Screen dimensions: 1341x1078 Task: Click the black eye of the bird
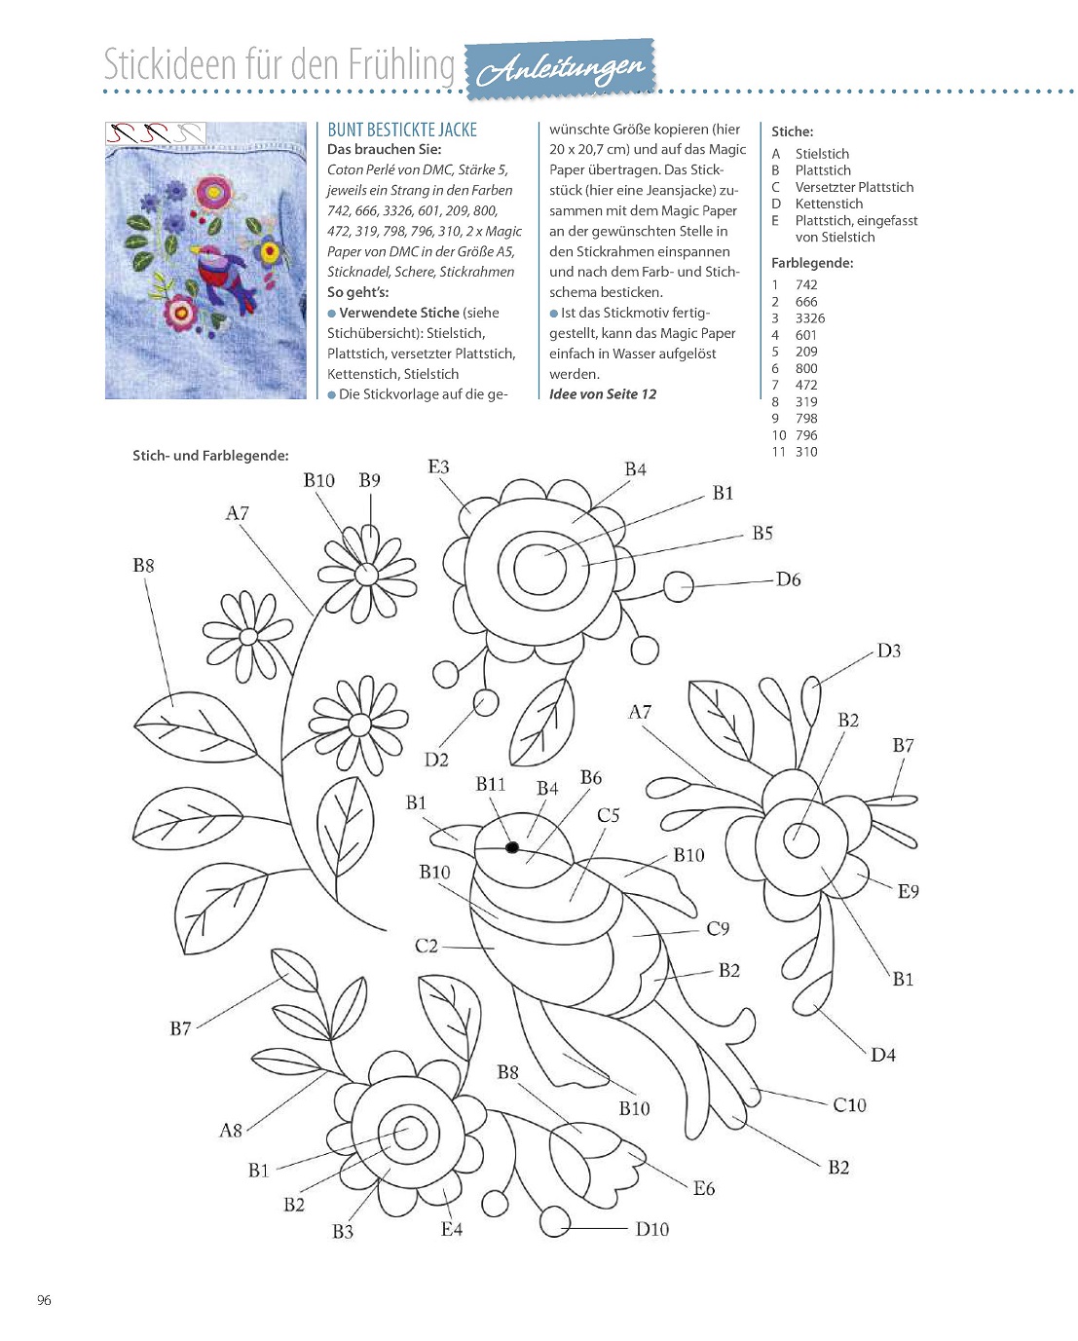512,847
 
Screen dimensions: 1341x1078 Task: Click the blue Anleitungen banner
562,69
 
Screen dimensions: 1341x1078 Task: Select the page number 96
44,1300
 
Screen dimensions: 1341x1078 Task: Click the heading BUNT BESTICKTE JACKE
402,130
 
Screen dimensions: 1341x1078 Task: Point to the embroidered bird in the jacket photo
222,274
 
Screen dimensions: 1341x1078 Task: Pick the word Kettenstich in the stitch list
829,204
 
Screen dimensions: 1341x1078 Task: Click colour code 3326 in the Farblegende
809,318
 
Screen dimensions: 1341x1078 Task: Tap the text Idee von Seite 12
603,394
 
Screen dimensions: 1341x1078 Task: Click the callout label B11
491,784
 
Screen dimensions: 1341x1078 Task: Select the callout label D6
788,579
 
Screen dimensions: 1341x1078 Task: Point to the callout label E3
438,466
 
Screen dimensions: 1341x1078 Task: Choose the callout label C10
849,1104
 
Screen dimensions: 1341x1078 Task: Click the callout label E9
908,891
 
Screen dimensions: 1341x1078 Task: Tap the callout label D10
651,1229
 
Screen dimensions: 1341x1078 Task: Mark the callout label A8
230,1131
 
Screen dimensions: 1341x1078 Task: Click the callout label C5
608,815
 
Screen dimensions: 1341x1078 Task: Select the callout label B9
369,480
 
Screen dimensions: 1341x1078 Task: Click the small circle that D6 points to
679,586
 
